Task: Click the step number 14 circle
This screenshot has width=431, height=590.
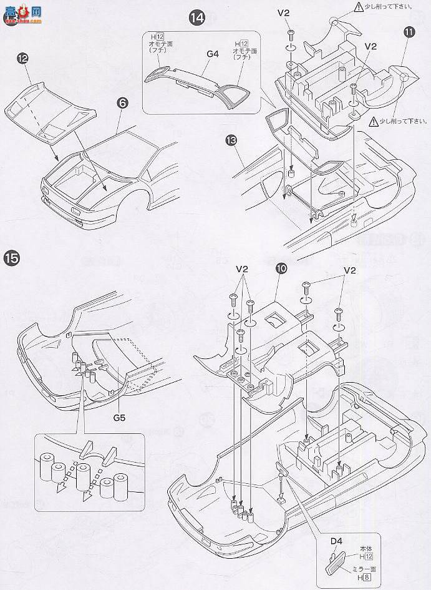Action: point(196,17)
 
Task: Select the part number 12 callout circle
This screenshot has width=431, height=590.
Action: point(22,58)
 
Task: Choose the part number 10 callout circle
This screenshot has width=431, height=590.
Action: point(281,268)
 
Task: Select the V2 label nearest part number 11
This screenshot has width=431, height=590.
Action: point(371,46)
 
